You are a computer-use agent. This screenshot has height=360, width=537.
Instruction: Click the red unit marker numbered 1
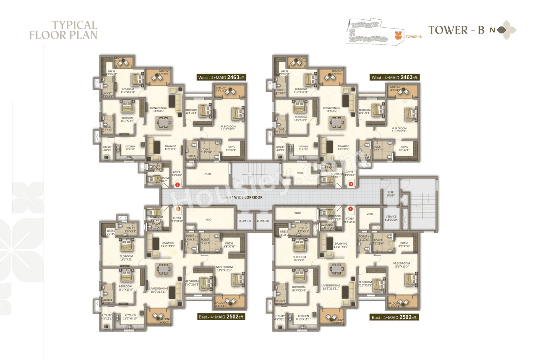[178, 209]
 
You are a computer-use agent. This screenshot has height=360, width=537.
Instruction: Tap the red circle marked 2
[177, 184]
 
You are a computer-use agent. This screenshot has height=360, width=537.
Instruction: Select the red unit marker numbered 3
[351, 184]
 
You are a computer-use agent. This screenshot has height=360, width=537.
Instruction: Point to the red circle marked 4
[350, 209]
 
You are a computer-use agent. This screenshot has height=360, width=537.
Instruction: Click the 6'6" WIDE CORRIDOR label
[244, 197]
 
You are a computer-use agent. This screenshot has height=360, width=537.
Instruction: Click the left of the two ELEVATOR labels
[245, 221]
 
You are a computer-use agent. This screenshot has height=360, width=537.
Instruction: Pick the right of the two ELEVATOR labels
[263, 221]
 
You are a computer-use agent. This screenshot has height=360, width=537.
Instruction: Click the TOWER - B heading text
[456, 30]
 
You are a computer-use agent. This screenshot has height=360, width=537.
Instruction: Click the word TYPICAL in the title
[75, 25]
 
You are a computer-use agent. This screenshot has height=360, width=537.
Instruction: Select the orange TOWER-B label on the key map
[414, 37]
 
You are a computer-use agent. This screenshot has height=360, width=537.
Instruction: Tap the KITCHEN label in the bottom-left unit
[130, 315]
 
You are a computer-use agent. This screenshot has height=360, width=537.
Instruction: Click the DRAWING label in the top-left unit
[170, 146]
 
